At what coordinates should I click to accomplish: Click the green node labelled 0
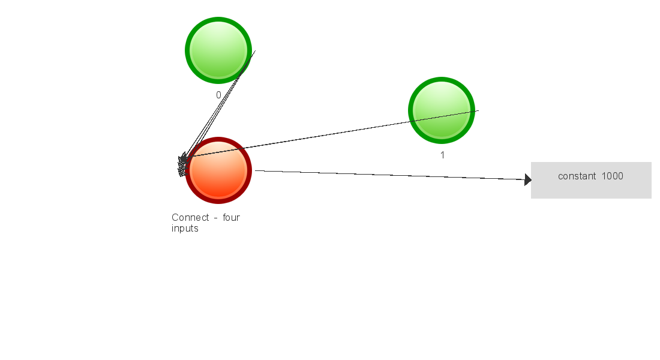(x=218, y=50)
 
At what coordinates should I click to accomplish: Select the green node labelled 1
(x=442, y=110)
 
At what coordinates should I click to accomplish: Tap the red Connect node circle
(x=218, y=170)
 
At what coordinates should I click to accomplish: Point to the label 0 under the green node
(x=218, y=95)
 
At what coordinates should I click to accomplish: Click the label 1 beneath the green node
(x=442, y=155)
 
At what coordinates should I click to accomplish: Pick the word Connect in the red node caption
(x=190, y=217)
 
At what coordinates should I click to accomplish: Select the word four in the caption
(x=231, y=217)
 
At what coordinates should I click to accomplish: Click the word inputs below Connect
(x=185, y=229)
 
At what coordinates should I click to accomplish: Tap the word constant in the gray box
(x=577, y=176)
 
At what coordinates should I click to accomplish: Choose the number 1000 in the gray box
(x=613, y=176)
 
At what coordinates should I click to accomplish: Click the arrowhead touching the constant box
(x=528, y=180)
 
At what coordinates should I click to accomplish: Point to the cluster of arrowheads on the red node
(x=182, y=165)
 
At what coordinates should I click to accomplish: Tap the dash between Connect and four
(x=215, y=218)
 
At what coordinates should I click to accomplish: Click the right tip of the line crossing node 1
(x=479, y=110)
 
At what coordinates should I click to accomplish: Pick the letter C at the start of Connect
(x=175, y=217)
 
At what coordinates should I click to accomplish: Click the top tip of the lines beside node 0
(x=256, y=51)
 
